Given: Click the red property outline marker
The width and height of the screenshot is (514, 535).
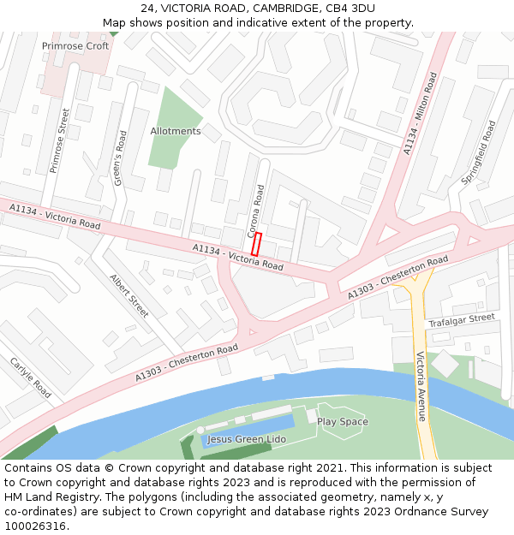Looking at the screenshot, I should (x=256, y=243).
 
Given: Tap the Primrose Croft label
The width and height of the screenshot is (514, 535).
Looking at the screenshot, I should (x=75, y=46).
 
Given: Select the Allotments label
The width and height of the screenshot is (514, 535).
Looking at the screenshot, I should (x=176, y=132).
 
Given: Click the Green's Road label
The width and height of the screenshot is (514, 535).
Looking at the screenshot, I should (x=121, y=158).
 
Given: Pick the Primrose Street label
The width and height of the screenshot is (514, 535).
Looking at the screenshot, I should (x=58, y=140).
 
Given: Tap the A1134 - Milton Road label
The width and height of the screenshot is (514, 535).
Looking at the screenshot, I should (x=421, y=115).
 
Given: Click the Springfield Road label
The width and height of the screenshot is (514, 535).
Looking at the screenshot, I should (x=478, y=153).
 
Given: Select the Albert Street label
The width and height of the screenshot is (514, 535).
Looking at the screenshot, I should (x=129, y=295).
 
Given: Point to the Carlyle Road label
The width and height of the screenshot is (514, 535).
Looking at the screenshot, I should (x=31, y=377).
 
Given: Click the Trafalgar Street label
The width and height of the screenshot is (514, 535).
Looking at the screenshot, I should (x=461, y=320).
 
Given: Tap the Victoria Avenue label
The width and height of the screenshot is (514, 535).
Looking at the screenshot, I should (x=421, y=387).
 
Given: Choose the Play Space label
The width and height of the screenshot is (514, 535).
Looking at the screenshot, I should (x=343, y=422).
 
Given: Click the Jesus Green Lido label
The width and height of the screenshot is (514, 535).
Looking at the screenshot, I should (x=246, y=440).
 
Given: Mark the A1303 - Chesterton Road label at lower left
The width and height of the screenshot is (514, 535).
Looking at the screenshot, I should (x=187, y=364).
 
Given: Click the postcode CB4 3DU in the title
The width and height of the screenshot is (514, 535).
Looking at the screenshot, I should (x=351, y=9).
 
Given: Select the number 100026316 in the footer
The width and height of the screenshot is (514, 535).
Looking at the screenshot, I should (x=34, y=526).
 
